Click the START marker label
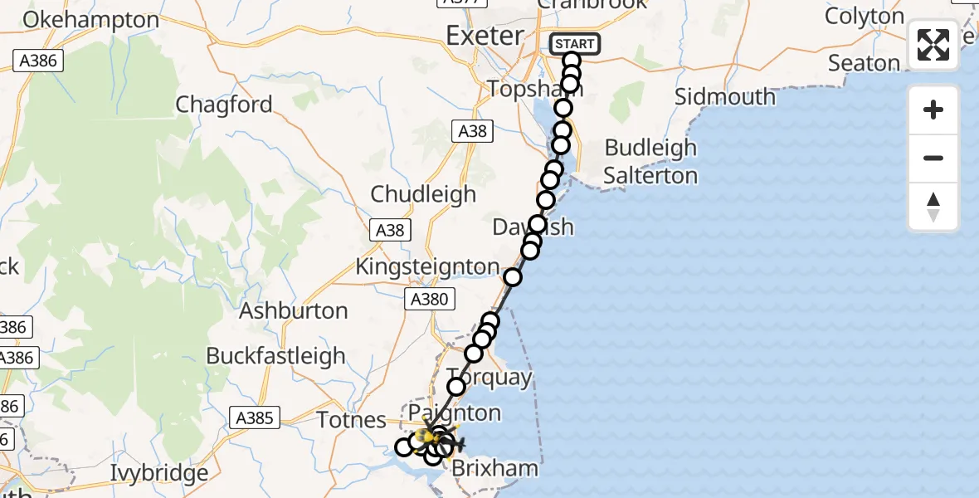[574, 43]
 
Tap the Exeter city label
[485, 36]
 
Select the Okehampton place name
[91, 20]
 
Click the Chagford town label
[224, 105]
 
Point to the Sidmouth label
[724, 96]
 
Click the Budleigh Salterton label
[650, 162]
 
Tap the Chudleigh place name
[423, 194]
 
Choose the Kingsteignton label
[427, 267]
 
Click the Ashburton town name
[294, 311]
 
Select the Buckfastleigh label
[275, 356]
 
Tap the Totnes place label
[352, 420]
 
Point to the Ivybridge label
[159, 474]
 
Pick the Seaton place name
[864, 63]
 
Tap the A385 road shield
[255, 417]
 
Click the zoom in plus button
[933, 110]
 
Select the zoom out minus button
[933, 158]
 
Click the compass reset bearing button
[933, 206]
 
